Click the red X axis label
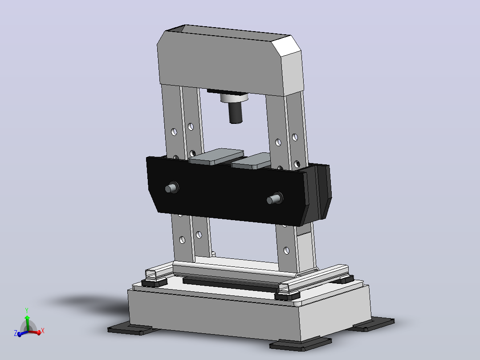tap(43, 331)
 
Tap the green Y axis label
tap(27, 311)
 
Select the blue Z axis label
tap(15, 333)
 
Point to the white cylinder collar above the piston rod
tap(234, 98)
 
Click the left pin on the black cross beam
tap(172, 188)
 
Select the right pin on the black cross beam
tap(275, 199)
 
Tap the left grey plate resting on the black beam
tap(216, 156)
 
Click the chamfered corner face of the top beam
tap(286, 46)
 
